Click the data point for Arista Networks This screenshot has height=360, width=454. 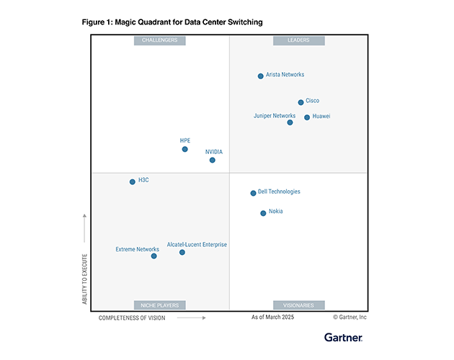coord(261,76)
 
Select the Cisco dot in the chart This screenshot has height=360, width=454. coord(301,102)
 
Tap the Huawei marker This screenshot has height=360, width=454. coord(307,117)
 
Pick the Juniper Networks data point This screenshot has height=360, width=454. coord(290,122)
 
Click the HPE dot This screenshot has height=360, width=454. coord(185,149)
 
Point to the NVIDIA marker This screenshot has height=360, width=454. coord(213,160)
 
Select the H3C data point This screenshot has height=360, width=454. coord(133,181)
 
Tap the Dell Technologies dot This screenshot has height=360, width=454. coord(253,193)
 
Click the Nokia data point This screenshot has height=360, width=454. coord(263,213)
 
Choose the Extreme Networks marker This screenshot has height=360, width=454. coord(153,256)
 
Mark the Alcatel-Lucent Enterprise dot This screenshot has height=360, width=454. coord(182,252)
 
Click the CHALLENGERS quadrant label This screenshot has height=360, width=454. coord(160,40)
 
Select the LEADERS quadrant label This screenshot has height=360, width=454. coord(298,40)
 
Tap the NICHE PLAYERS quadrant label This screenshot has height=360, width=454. coord(160,305)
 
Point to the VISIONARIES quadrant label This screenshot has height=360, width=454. coord(298,305)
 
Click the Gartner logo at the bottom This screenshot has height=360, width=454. coord(343,337)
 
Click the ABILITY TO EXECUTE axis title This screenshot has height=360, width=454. coord(85,277)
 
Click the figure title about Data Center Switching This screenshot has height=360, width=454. coord(172,22)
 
